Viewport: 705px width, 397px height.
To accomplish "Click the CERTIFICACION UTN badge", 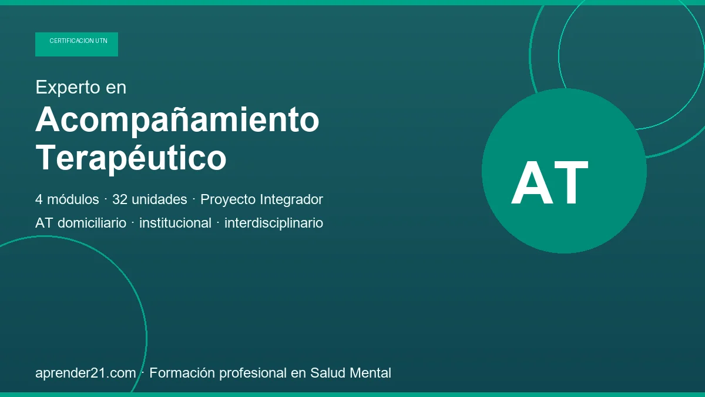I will (x=76, y=44).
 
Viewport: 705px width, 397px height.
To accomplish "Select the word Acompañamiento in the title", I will (x=177, y=121).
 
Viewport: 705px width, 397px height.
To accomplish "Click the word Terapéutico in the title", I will (x=131, y=158).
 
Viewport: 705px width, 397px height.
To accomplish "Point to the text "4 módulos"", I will (x=67, y=199).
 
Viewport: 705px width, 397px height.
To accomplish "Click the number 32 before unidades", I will (x=120, y=199).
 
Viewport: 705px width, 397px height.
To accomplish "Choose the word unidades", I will (x=159, y=199).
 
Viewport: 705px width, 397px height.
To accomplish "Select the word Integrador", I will (x=291, y=199).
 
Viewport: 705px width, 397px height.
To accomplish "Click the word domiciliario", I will (x=92, y=223).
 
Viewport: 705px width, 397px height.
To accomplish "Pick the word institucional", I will (x=175, y=223).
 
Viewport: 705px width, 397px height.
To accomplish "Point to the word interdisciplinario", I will (x=274, y=223).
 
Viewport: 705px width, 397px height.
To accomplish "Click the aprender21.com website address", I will (x=86, y=373).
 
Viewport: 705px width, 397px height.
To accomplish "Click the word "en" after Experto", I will (x=116, y=88).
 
